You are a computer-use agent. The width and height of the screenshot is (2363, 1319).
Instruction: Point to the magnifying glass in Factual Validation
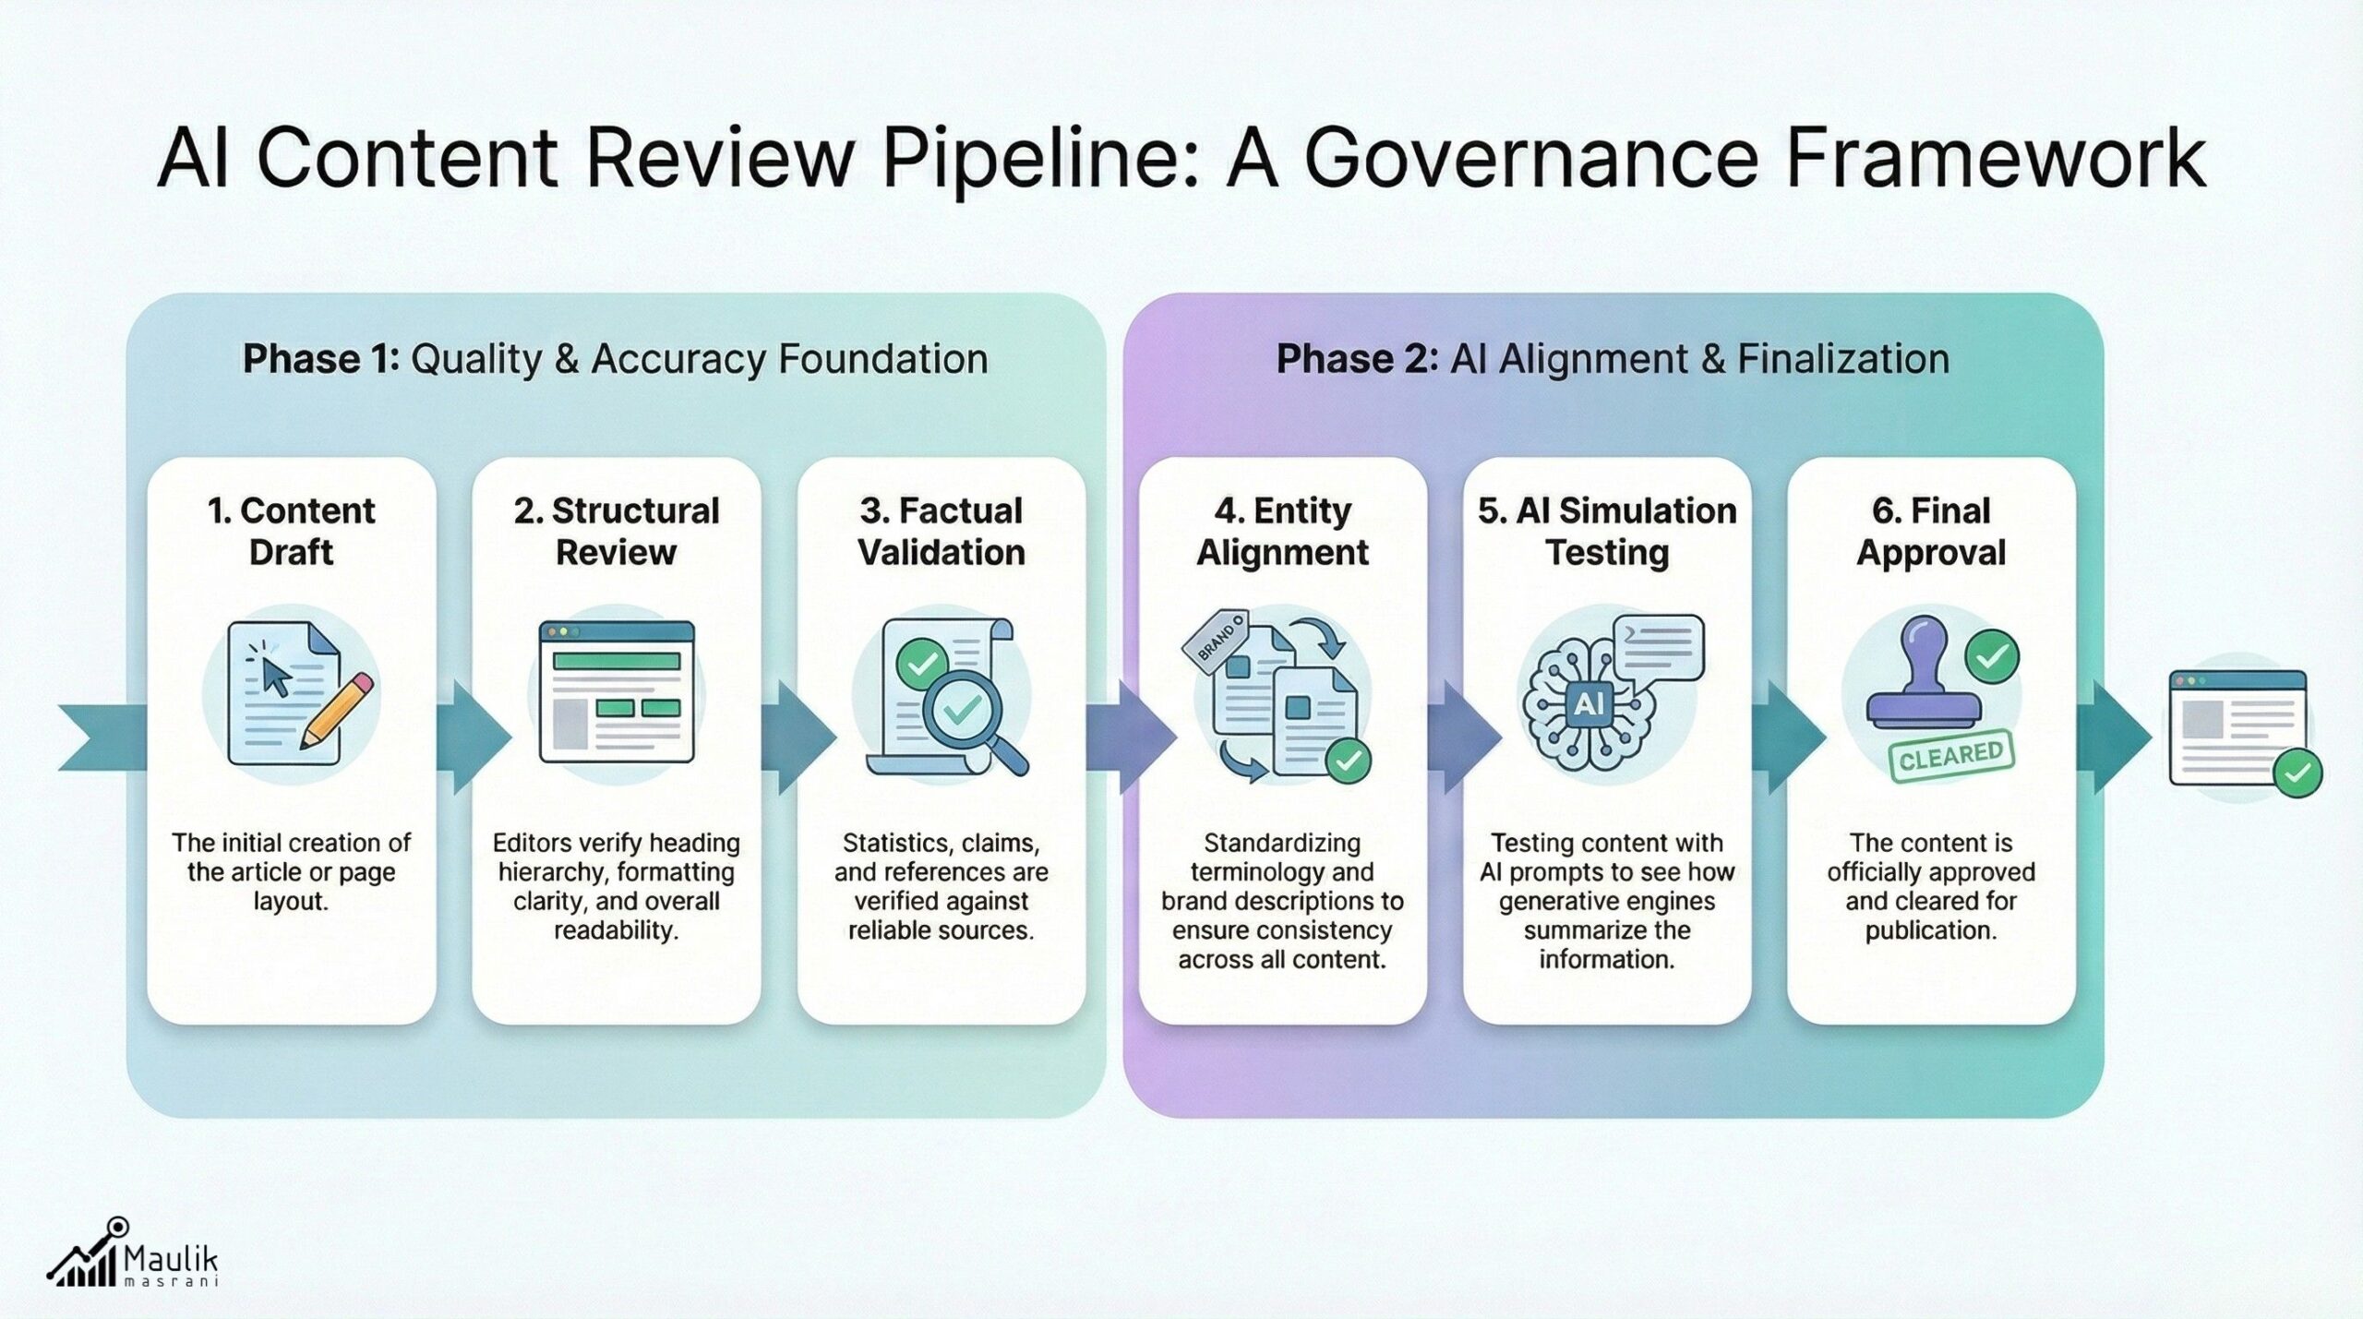[x=968, y=715]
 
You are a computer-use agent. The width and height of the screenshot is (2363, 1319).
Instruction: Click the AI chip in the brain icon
[x=1588, y=705]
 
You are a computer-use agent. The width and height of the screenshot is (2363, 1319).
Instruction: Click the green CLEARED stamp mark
[x=1950, y=758]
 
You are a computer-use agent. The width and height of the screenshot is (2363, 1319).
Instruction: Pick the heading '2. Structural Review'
[x=616, y=531]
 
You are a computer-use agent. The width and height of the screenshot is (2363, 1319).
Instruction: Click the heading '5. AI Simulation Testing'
[x=1607, y=531]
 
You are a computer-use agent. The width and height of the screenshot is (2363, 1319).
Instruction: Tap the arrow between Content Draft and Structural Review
[x=476, y=737]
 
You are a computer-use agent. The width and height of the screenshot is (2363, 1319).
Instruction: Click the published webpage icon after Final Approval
[x=2237, y=729]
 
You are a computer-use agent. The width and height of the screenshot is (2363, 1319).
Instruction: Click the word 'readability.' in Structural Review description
[x=616, y=930]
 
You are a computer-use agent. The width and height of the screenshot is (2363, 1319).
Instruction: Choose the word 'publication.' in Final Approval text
[x=1931, y=930]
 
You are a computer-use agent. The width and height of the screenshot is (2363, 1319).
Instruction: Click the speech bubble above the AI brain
[x=1658, y=648]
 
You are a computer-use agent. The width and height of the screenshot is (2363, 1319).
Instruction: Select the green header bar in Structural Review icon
[x=616, y=661]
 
